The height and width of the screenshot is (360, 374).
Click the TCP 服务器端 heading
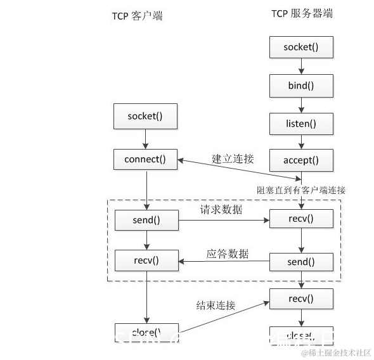(x=302, y=13)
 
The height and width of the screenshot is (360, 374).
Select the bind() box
(x=301, y=85)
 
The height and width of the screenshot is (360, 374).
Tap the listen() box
(x=301, y=123)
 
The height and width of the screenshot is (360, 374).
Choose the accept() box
(x=301, y=160)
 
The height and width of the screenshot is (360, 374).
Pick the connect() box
(x=145, y=160)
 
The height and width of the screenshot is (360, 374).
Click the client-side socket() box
(x=145, y=117)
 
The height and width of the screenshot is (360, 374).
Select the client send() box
(x=146, y=221)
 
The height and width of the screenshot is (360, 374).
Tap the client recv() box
(x=146, y=260)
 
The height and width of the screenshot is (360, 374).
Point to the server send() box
(x=301, y=262)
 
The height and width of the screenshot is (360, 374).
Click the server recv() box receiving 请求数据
(x=301, y=220)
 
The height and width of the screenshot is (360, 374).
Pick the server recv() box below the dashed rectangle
(x=301, y=298)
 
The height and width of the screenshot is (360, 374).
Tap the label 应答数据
(x=228, y=254)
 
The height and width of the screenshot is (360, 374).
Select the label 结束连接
(x=216, y=305)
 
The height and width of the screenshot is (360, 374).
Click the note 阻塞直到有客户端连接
(x=301, y=190)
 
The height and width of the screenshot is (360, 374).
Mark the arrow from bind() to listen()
(x=301, y=104)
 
